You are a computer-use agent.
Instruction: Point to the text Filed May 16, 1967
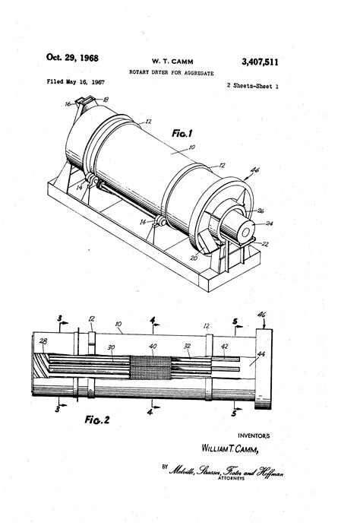point(75,81)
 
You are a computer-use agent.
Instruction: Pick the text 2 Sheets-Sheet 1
point(253,87)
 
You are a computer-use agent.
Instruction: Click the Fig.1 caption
point(183,133)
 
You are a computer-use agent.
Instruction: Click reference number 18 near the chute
point(106,100)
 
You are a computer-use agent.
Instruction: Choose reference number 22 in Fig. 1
point(264,243)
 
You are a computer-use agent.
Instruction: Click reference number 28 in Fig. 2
point(43,342)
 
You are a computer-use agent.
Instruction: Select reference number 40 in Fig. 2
point(153,347)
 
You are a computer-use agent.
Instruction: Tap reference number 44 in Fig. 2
point(261,354)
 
